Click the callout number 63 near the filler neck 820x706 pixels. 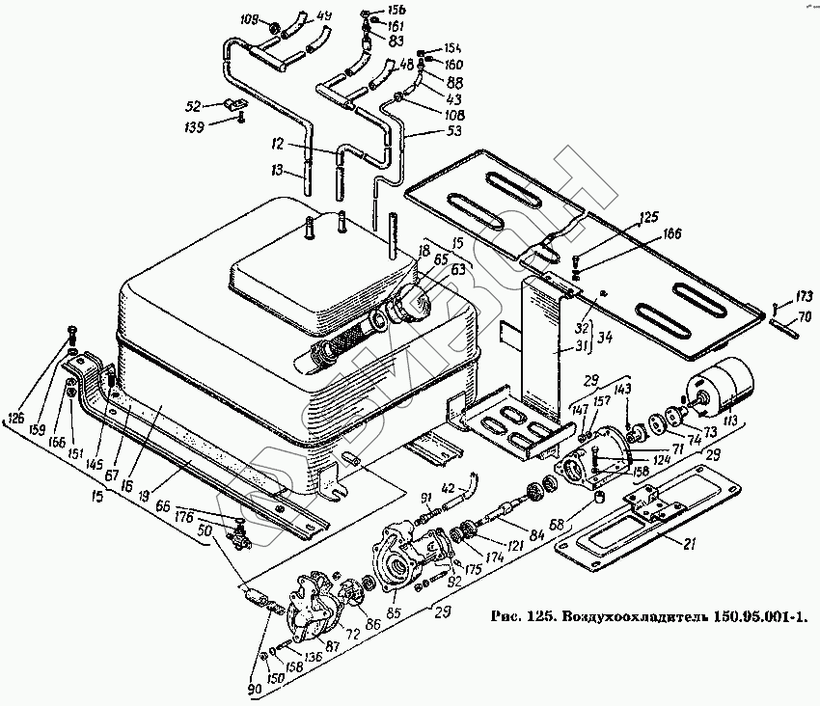(457, 271)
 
